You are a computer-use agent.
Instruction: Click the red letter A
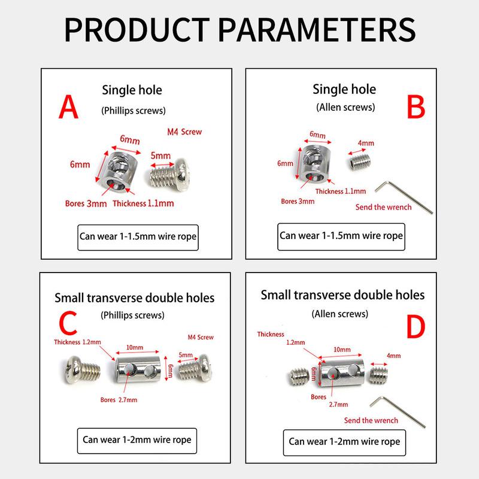(68, 107)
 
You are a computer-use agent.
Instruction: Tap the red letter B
(416, 107)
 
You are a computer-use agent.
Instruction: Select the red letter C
(68, 323)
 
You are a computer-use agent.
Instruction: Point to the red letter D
(416, 327)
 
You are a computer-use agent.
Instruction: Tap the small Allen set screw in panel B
(360, 162)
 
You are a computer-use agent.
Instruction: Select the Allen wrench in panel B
(403, 197)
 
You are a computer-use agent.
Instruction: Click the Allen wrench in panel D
(397, 411)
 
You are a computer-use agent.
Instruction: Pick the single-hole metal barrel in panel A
(119, 172)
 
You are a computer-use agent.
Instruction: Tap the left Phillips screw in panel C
(81, 369)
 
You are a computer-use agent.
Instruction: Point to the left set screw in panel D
(299, 377)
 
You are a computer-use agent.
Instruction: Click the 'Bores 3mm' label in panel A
(86, 204)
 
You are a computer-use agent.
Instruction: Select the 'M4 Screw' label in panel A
(184, 132)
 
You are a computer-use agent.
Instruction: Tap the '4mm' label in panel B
(366, 143)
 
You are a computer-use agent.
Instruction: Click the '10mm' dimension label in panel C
(135, 347)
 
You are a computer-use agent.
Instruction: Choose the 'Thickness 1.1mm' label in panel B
(341, 191)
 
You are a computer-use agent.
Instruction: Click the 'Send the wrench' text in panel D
(371, 420)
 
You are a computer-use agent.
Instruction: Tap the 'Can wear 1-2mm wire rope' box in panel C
(137, 441)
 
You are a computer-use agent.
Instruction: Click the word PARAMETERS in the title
(317, 29)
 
